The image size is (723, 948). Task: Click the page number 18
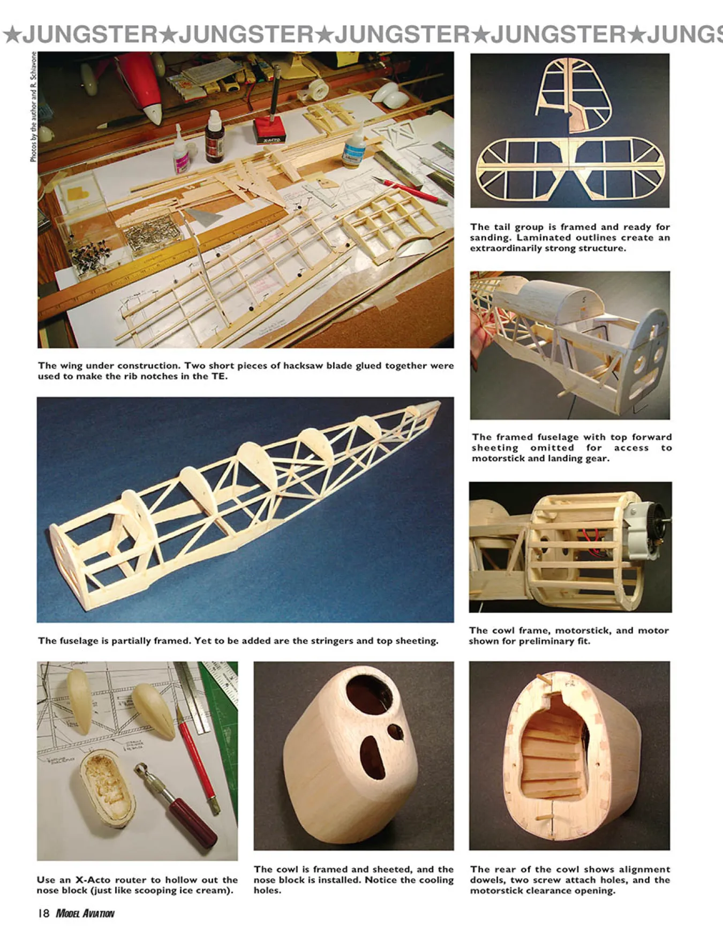[43, 913]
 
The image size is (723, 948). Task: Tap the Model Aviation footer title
[85, 913]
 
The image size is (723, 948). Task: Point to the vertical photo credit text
[34, 107]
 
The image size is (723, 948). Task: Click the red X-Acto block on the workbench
[270, 131]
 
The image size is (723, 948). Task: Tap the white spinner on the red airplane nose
[153, 113]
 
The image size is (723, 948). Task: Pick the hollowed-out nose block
[108, 788]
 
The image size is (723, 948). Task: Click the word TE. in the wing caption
[220, 376]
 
